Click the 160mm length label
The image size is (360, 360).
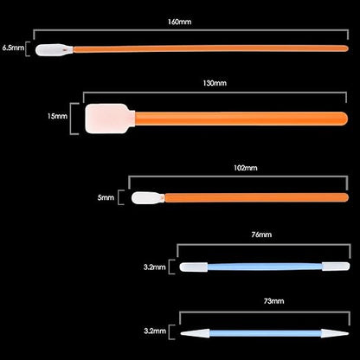click(179, 22)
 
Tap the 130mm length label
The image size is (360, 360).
click(215, 83)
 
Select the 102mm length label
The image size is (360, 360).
click(246, 168)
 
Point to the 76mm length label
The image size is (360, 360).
click(261, 235)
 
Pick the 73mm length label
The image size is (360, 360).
click(273, 301)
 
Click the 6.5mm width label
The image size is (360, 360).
click(13, 48)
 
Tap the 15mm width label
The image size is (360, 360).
click(57, 116)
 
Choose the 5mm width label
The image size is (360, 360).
click(106, 198)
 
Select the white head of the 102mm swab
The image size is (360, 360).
click(148, 198)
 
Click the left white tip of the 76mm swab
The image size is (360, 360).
click(194, 267)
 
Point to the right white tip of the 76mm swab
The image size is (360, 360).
click(336, 267)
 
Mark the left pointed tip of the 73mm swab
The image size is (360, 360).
click(181, 334)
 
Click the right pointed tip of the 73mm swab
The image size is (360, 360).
click(349, 333)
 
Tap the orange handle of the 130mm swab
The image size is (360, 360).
click(241, 119)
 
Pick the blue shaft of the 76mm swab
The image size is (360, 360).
click(265, 267)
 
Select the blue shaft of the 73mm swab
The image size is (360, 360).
click(266, 333)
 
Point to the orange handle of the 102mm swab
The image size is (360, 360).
click(256, 197)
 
